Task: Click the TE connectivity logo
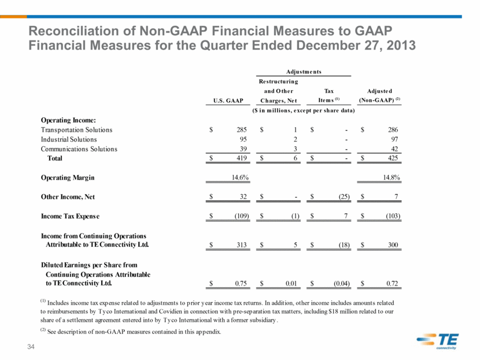pos(437,341)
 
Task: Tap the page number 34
pos(31,347)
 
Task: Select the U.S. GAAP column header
pos(228,101)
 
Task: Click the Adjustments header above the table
pos(304,72)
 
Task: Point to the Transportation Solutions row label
pos(76,129)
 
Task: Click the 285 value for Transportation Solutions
pos(242,129)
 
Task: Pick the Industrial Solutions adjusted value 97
pos(394,139)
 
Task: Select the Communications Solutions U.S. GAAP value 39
pos(243,149)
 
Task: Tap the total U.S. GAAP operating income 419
pos(242,158)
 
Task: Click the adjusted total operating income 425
pos(393,158)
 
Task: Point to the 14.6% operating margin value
pos(240,177)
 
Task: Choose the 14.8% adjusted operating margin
pos(392,177)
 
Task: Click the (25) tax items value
pos(344,196)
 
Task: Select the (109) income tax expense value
pos(242,216)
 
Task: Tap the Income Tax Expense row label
pos(70,216)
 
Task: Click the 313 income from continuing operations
pos(242,244)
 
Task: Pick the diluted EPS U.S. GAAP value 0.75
pos(241,284)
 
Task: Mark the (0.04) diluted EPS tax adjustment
pos(342,284)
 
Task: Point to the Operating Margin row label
pos(68,178)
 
